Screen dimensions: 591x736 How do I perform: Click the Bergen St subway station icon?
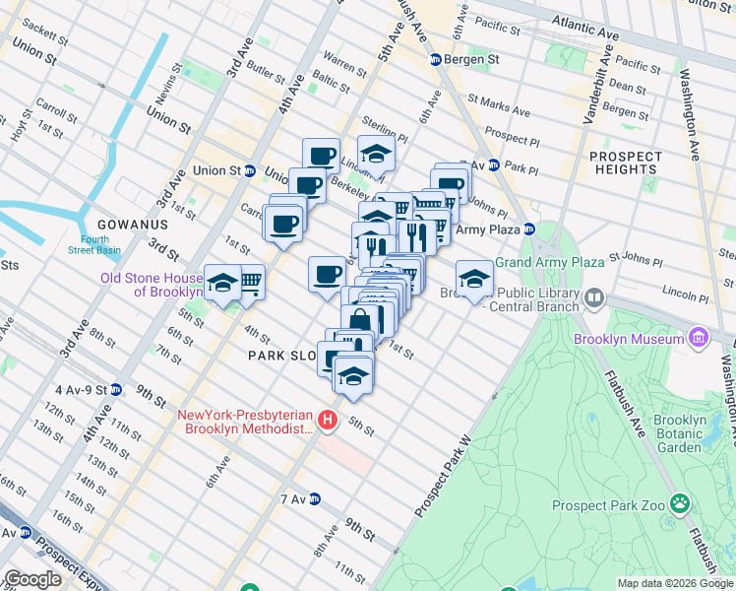[x=436, y=60]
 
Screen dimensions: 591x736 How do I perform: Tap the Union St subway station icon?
[x=250, y=170]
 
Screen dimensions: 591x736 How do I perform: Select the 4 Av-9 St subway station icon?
[x=116, y=390]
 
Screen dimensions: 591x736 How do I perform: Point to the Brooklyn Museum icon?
[x=700, y=339]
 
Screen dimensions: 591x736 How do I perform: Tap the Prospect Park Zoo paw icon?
[x=680, y=505]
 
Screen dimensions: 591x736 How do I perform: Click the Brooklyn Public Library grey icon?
[x=594, y=296]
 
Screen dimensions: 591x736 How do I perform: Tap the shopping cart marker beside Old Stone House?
[x=250, y=282]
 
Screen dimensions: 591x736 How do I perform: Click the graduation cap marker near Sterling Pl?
[x=376, y=153]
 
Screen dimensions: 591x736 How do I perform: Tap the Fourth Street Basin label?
[x=95, y=244]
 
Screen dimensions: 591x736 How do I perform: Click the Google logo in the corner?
[x=32, y=579]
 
